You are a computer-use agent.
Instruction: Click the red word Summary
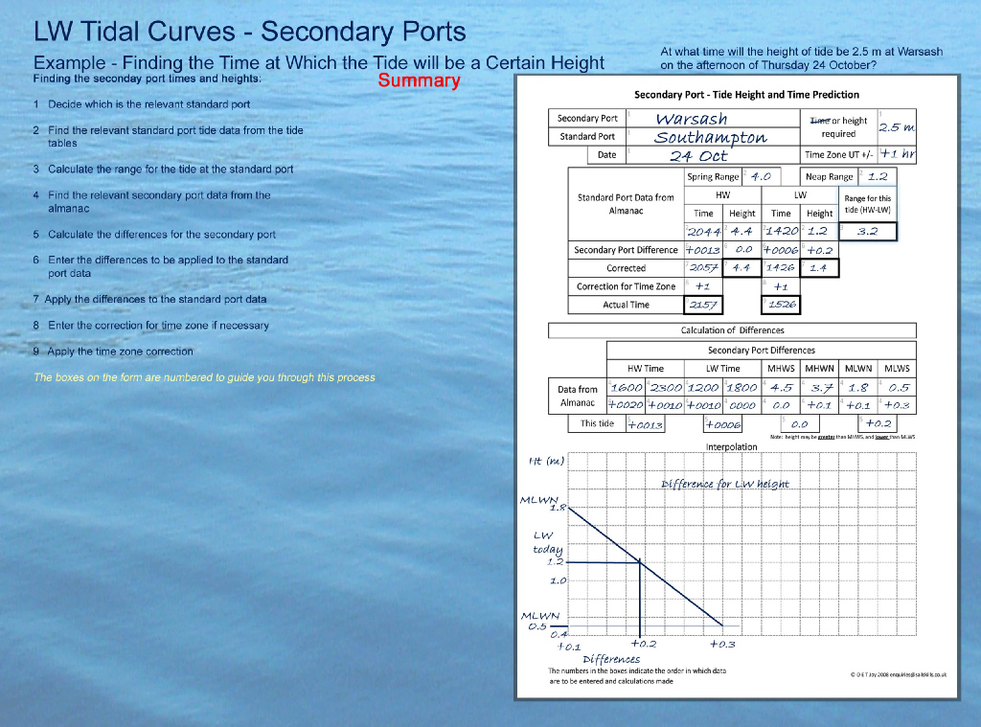(x=419, y=80)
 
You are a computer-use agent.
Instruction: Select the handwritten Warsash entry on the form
(x=692, y=119)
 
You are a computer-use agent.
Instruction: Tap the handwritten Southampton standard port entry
(x=710, y=137)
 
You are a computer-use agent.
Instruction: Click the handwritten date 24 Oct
(x=698, y=155)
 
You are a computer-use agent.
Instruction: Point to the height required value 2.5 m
(x=897, y=127)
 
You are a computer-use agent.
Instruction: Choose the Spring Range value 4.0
(x=761, y=177)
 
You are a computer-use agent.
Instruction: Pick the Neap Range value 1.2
(x=878, y=177)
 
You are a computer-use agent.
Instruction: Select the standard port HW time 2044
(x=704, y=231)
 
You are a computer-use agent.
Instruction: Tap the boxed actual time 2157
(x=704, y=305)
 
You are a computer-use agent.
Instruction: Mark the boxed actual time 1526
(x=782, y=305)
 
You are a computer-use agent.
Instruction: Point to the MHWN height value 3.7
(x=821, y=388)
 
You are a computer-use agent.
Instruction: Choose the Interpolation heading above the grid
(x=732, y=446)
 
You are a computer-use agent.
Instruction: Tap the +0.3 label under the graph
(x=722, y=645)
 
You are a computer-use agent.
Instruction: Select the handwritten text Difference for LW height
(x=725, y=484)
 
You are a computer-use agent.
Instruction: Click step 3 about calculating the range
(x=163, y=169)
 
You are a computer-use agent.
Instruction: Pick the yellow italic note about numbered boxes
(x=204, y=377)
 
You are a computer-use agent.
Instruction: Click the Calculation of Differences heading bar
(x=732, y=330)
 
